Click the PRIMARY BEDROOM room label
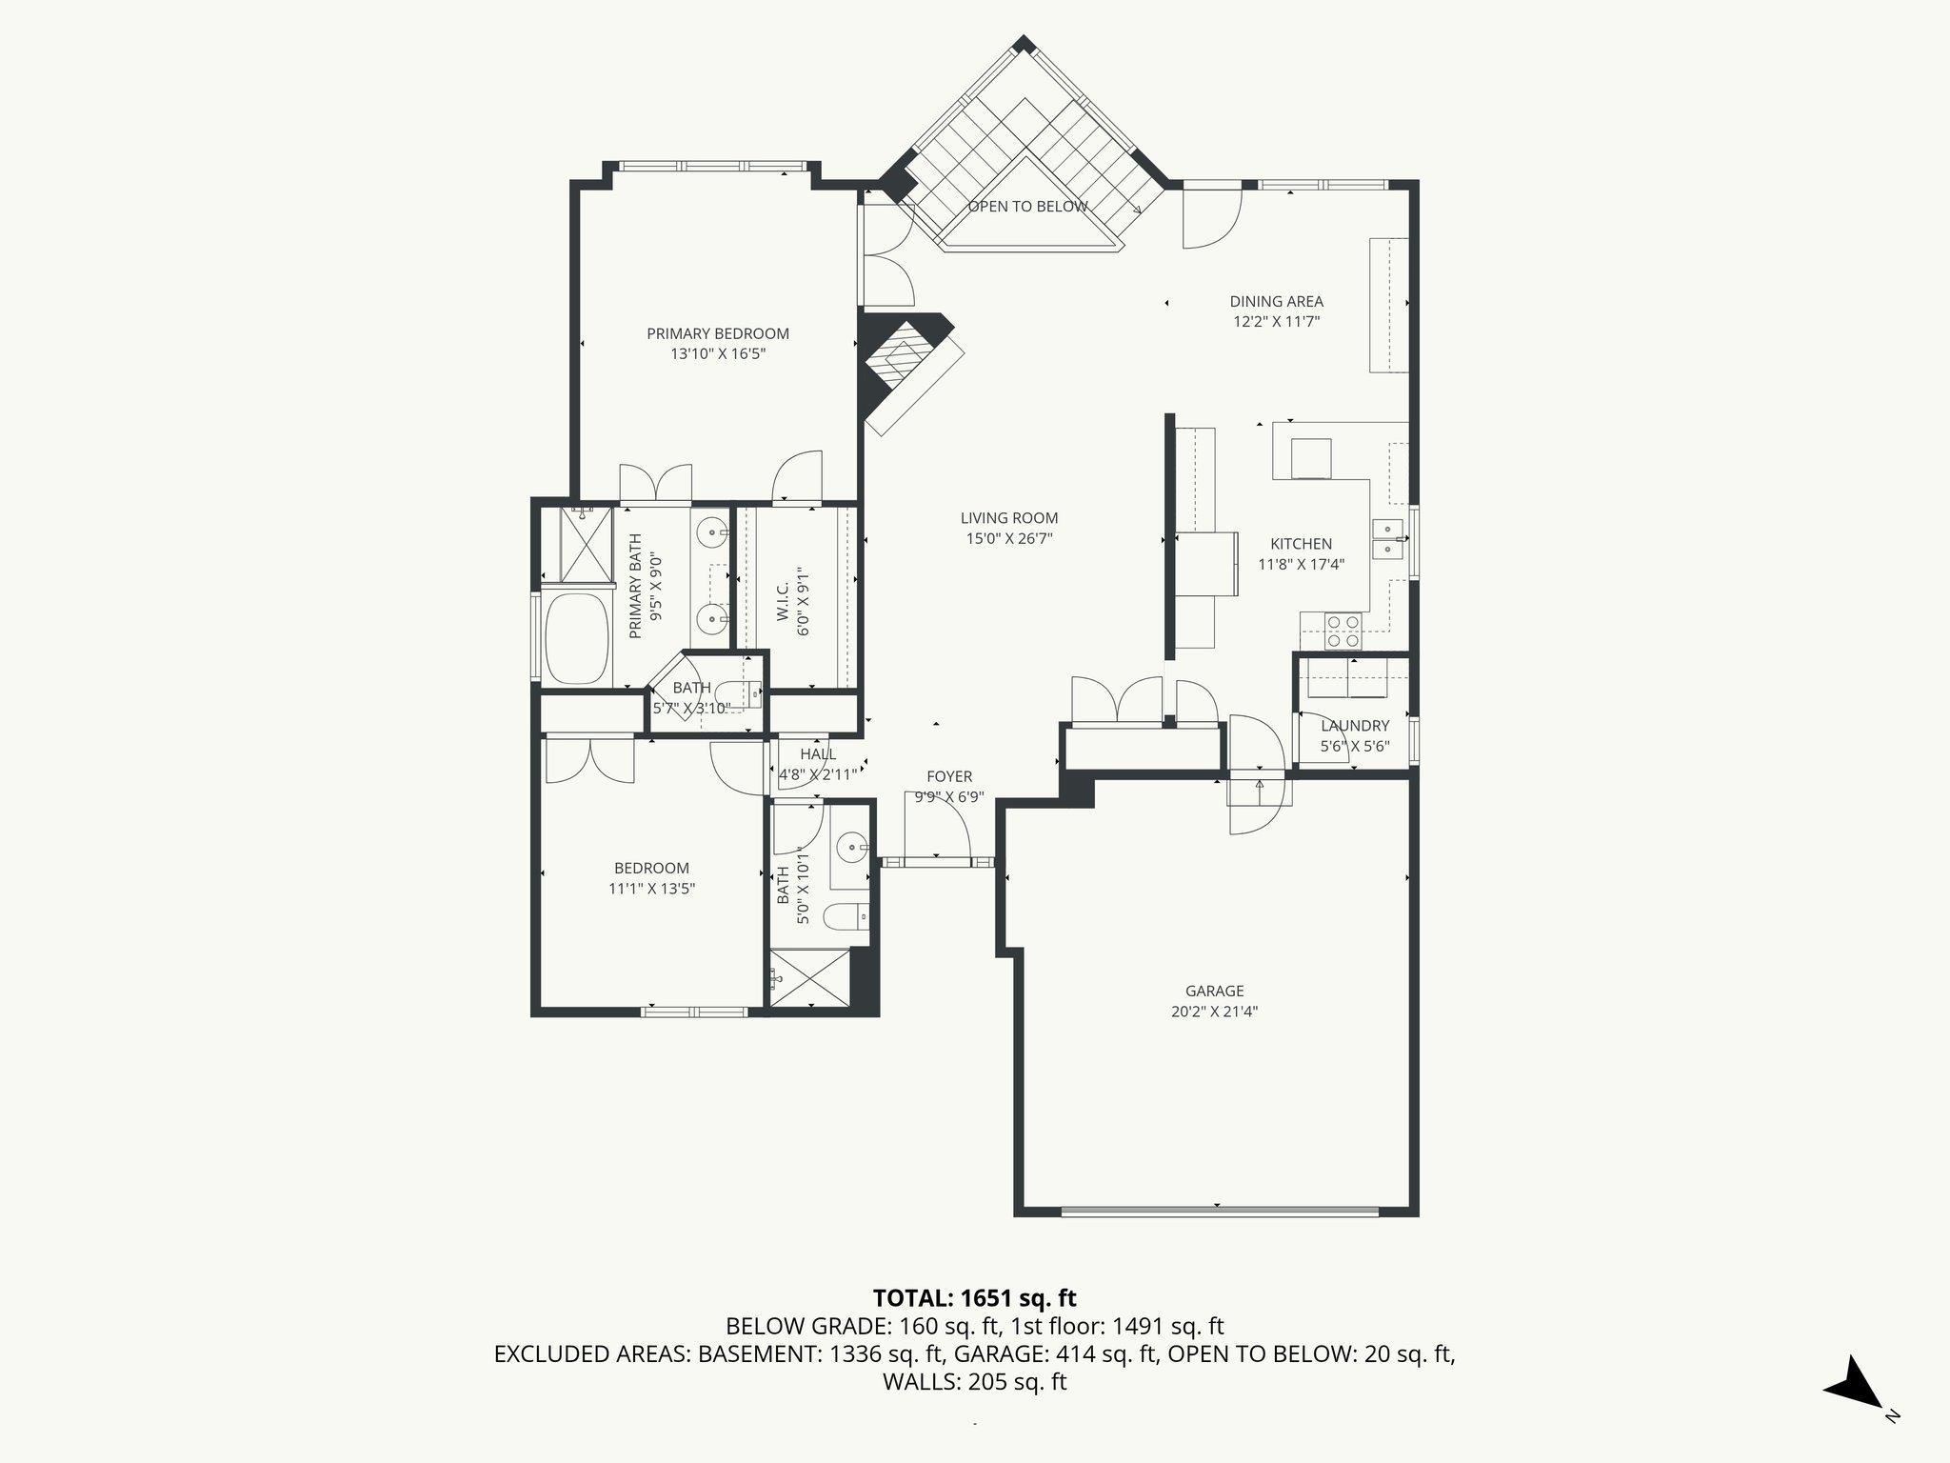718,333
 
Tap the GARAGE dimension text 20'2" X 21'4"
1214,1012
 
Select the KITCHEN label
1301,544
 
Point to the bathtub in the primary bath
576,638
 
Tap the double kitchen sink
1387,539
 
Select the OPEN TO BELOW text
1027,207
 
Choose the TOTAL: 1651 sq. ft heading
974,1298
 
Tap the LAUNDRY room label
1355,726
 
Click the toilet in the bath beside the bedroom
846,917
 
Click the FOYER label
949,776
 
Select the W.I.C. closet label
783,603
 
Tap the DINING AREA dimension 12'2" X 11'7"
1276,322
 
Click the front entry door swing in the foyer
938,829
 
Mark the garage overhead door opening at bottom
1219,1212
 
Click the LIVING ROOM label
1008,518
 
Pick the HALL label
818,754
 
